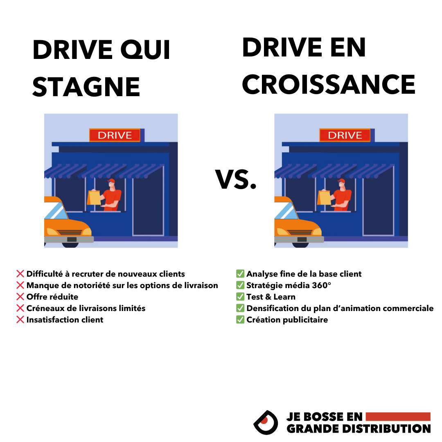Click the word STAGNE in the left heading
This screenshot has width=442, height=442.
coord(86,86)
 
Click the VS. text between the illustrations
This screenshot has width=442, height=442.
coord(236,180)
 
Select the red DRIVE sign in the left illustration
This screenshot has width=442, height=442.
coord(115,135)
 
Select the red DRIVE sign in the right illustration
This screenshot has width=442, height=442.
coord(345,135)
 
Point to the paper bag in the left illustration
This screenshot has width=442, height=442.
coord(95,197)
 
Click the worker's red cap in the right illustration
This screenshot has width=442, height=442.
coord(341,181)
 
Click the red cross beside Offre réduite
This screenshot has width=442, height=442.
coord(20,297)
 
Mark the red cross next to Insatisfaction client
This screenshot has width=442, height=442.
coord(20,320)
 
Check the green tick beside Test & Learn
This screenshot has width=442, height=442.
coord(240,297)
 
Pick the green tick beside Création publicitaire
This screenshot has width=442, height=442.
coord(240,320)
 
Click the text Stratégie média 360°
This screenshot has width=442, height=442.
coord(289,285)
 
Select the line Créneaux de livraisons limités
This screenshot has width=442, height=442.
coord(86,308)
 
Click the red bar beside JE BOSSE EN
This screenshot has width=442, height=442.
coord(398,417)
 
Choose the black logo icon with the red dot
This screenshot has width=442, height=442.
coord(265,422)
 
